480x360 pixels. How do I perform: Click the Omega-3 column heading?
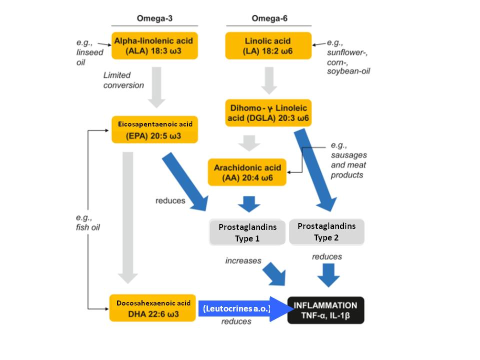(x=154, y=19)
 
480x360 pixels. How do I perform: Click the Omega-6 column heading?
(x=269, y=19)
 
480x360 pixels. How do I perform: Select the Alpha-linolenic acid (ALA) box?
(x=155, y=45)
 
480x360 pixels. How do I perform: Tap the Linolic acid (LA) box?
(x=268, y=45)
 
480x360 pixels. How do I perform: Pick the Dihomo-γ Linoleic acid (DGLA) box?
(x=268, y=113)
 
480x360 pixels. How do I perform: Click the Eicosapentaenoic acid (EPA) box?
(x=155, y=129)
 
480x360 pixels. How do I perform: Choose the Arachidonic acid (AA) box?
(x=247, y=172)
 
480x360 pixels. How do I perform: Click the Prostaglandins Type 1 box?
(x=247, y=232)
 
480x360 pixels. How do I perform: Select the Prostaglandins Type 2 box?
(x=326, y=231)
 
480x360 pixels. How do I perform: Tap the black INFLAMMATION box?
(x=325, y=310)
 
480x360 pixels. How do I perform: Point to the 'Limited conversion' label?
(x=123, y=80)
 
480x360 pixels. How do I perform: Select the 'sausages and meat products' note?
(x=348, y=160)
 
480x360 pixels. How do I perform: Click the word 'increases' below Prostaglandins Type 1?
(x=243, y=260)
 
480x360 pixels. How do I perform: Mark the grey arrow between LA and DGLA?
(x=269, y=79)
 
